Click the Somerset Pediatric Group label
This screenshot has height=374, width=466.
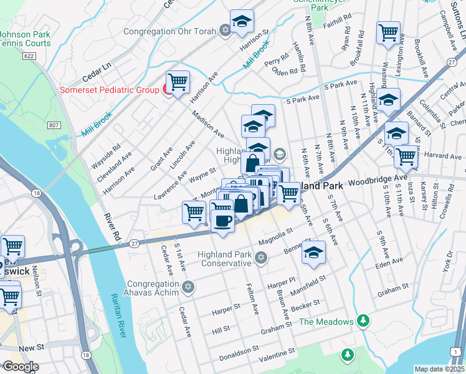109,90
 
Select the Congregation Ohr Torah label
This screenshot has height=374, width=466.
169,31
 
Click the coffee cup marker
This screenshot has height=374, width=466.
223,221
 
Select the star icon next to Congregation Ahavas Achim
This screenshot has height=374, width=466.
188,287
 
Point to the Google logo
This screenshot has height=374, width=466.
21,367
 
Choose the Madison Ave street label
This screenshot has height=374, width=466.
207,124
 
